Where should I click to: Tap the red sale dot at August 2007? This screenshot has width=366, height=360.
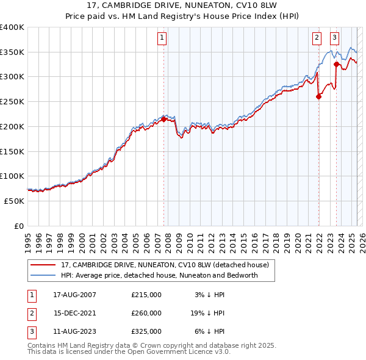163,120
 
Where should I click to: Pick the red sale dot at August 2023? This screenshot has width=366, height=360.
336,64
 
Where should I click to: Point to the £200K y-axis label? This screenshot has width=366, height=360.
12,126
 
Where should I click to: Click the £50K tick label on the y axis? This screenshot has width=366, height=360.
15,201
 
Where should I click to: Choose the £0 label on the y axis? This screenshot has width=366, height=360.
20,226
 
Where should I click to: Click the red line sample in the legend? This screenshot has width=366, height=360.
43,265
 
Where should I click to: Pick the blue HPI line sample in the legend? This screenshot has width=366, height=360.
43,275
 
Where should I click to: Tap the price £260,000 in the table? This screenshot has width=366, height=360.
146,314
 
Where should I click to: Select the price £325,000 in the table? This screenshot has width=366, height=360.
146,333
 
